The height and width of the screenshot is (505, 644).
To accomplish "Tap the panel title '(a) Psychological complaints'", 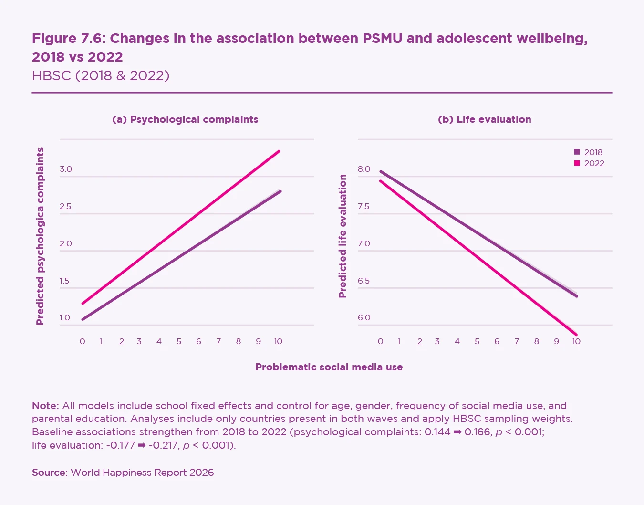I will (185, 119).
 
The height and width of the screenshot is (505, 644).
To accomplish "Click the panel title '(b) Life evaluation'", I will (484, 119).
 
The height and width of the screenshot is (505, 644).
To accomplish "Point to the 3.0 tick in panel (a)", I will (66, 169).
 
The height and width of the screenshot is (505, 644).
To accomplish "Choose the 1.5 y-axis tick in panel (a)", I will (65, 281).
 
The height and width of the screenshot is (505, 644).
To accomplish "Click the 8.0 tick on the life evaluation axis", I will (364, 169).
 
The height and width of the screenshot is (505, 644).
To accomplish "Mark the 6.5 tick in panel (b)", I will (364, 281).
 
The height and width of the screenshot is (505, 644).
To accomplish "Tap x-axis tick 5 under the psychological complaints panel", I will (179, 341).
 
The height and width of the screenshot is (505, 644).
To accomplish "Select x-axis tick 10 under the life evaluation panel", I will (576, 341).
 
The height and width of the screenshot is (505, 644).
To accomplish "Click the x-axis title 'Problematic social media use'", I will (329, 367).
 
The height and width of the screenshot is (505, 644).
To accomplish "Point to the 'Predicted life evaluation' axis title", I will (343, 236).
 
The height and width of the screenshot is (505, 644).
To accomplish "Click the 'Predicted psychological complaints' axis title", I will (40, 236).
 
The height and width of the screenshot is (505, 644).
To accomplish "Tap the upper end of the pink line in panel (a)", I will (279, 151).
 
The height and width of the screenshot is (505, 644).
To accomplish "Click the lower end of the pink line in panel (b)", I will (576, 335).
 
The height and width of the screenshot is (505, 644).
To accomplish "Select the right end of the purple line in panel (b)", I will (576, 296).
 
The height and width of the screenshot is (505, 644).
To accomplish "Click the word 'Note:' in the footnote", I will (45, 406).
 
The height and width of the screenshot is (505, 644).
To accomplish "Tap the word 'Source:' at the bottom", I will (50, 473).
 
